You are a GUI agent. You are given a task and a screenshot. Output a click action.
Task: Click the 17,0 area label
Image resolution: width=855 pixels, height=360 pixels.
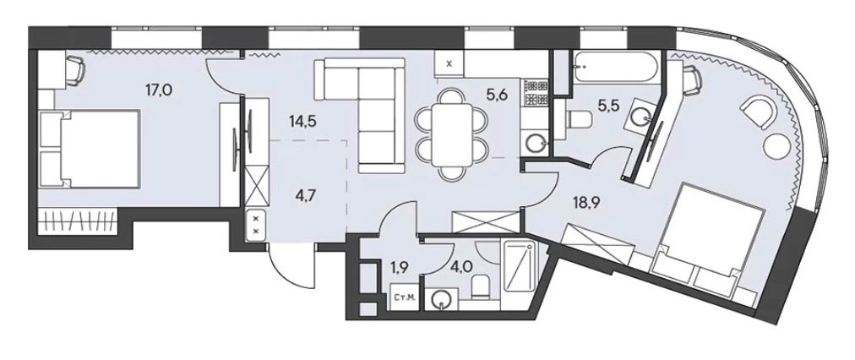158,90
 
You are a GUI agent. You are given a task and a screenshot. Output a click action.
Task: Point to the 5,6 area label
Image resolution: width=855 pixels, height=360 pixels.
497,96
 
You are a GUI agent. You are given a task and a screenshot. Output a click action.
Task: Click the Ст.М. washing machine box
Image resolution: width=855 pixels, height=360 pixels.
405,297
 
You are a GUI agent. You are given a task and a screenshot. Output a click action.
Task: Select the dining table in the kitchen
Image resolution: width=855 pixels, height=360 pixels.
451,134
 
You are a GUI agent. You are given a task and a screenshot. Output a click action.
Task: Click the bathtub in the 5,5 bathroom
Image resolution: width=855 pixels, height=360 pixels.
613,68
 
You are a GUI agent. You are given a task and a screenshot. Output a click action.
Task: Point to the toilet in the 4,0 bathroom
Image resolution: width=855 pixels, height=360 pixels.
480,286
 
